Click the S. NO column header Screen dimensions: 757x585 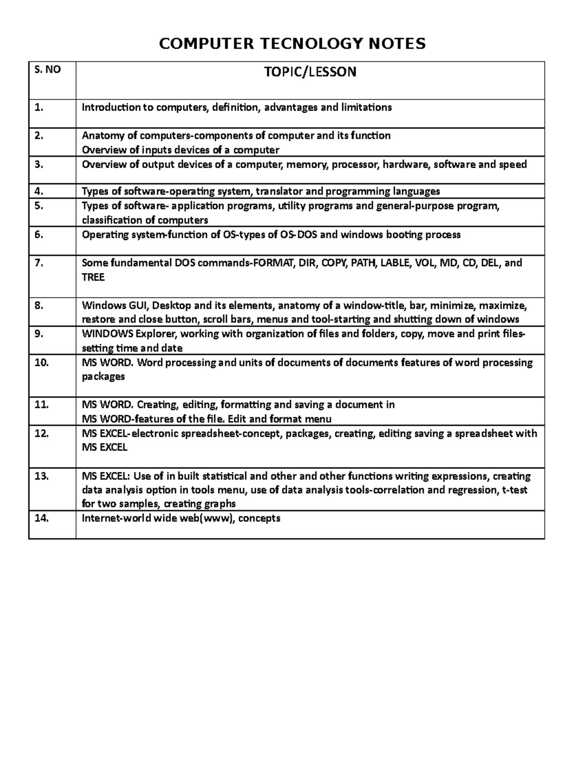pos(47,70)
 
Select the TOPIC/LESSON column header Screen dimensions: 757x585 pos(310,72)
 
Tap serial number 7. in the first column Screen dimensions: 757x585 pos(39,263)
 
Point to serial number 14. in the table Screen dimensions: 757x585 pos(41,518)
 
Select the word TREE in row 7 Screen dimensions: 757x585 pos(93,277)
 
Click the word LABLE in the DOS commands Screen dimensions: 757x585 pos(395,263)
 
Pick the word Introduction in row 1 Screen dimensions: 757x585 pos(111,107)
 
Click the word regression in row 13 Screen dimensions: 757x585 pos(471,490)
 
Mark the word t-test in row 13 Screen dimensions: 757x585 pos(515,490)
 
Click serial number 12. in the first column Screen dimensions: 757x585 pos(41,433)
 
